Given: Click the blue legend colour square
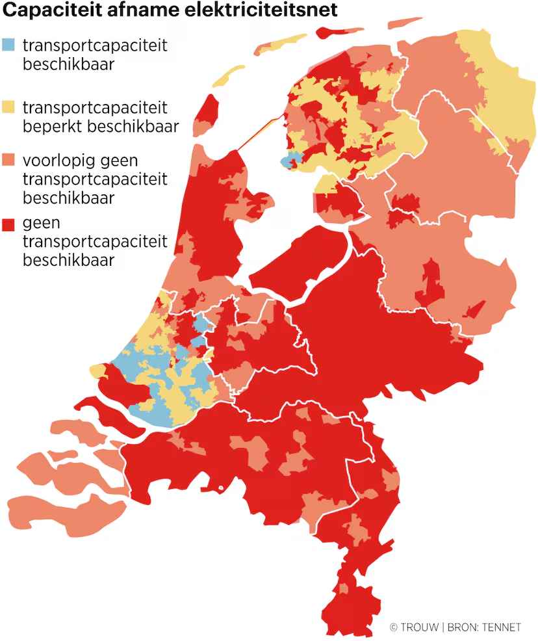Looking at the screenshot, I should pyautogui.click(x=8, y=46).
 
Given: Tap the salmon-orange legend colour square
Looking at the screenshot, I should pyautogui.click(x=8, y=160).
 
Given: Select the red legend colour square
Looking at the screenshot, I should pyautogui.click(x=8, y=224).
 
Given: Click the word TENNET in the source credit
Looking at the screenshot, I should pyautogui.click(x=500, y=627).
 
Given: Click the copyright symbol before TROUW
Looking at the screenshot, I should pyautogui.click(x=393, y=627).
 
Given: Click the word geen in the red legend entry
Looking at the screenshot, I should pyautogui.click(x=42, y=224).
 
